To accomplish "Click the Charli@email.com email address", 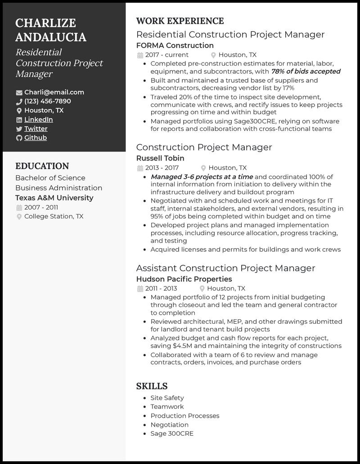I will click(54, 92).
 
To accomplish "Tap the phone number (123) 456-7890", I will click(47, 101).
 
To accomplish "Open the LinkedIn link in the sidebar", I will click(38, 120).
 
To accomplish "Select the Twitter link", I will click(36, 129).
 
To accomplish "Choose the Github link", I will click(35, 138).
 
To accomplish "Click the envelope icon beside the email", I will click(19, 93).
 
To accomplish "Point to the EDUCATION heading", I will click(42, 166).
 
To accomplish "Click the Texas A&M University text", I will click(54, 198).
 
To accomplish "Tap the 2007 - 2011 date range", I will click(41, 207).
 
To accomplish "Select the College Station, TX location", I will click(54, 216).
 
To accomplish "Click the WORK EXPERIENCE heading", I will click(180, 21).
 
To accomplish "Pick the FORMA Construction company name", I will click(175, 45).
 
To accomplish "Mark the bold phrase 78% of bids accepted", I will click(306, 71).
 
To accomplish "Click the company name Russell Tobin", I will click(160, 158).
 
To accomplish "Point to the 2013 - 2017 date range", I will click(162, 168).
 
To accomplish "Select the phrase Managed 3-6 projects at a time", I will click(202, 177).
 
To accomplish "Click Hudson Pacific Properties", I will click(184, 279).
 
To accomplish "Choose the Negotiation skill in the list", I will click(169, 424).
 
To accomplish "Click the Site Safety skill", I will click(167, 397).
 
